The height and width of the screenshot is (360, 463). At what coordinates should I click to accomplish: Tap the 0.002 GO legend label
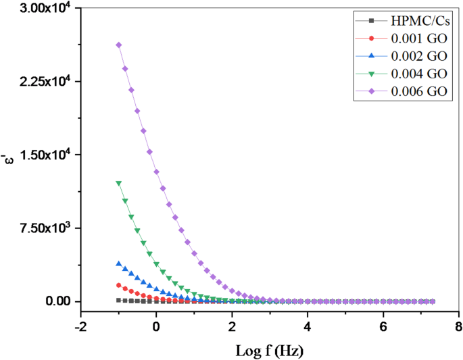[413, 55]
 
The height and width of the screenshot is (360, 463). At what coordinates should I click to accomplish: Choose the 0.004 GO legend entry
[413, 74]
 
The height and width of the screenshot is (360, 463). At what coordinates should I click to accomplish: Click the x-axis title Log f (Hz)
[270, 351]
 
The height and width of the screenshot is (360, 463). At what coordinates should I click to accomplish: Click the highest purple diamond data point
[118, 45]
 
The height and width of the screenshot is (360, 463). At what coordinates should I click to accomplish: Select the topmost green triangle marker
[118, 183]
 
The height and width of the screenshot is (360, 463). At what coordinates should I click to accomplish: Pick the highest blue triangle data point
[118, 263]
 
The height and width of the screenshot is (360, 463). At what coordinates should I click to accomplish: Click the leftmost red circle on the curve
[118, 285]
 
